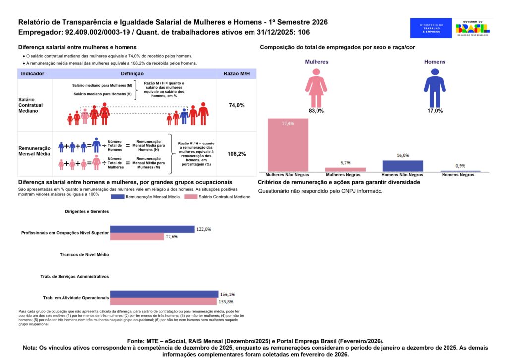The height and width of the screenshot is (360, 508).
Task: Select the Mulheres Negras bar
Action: [x=345, y=169]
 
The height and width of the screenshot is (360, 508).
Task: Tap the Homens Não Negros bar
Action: [x=403, y=166]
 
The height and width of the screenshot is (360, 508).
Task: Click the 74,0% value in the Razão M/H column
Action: [x=236, y=105]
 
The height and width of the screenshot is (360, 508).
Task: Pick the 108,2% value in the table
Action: [x=236, y=154]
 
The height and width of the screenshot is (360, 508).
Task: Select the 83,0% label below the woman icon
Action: [x=316, y=111]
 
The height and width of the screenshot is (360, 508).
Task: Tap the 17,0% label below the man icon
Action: [x=435, y=111]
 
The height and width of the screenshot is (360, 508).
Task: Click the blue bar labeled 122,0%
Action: [x=152, y=229]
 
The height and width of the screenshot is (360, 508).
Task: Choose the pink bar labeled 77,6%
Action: [x=137, y=237]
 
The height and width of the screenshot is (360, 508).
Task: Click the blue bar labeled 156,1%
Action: [x=164, y=294]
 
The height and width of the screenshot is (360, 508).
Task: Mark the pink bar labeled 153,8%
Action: [x=163, y=302]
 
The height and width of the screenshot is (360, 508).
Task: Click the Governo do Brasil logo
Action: [x=473, y=28]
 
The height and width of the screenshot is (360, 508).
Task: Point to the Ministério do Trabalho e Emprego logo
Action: [x=431, y=28]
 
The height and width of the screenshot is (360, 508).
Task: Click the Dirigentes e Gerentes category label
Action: [x=87, y=211]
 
